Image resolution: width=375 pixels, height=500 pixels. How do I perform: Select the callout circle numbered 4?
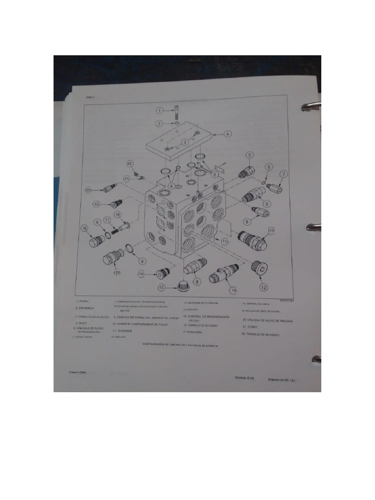(228, 133)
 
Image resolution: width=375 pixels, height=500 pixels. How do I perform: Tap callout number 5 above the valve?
(249, 155)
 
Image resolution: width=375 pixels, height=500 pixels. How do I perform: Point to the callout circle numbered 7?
(283, 174)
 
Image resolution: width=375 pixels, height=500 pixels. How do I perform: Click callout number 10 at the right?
(271, 230)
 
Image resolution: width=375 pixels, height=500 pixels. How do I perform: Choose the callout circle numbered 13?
(233, 290)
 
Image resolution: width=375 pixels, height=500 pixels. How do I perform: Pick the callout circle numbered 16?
(84, 228)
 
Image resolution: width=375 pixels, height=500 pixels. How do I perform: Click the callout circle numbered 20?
(88, 190)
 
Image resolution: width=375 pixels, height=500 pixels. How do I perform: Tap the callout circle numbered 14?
(141, 275)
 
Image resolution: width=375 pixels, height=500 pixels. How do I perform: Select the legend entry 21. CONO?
(249, 326)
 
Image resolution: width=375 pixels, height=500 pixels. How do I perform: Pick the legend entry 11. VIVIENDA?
(123, 331)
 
